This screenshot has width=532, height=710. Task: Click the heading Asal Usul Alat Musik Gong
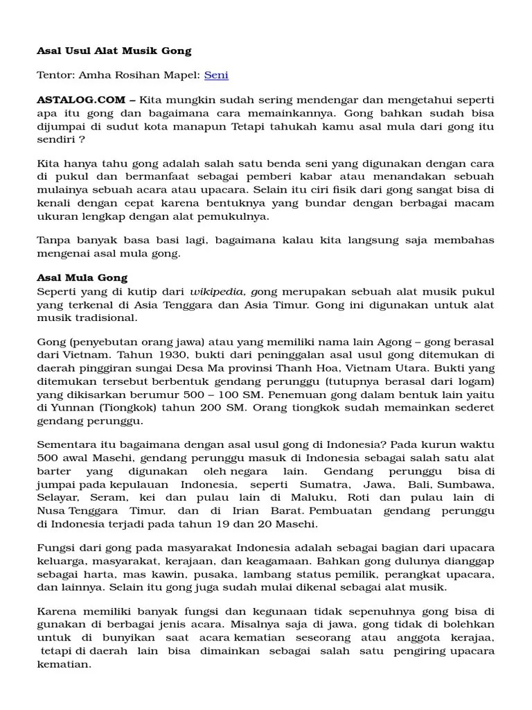click(114, 51)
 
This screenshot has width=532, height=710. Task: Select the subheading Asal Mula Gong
click(82, 278)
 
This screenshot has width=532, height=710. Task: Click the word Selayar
click(57, 496)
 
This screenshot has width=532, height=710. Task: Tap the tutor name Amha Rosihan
click(113, 75)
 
